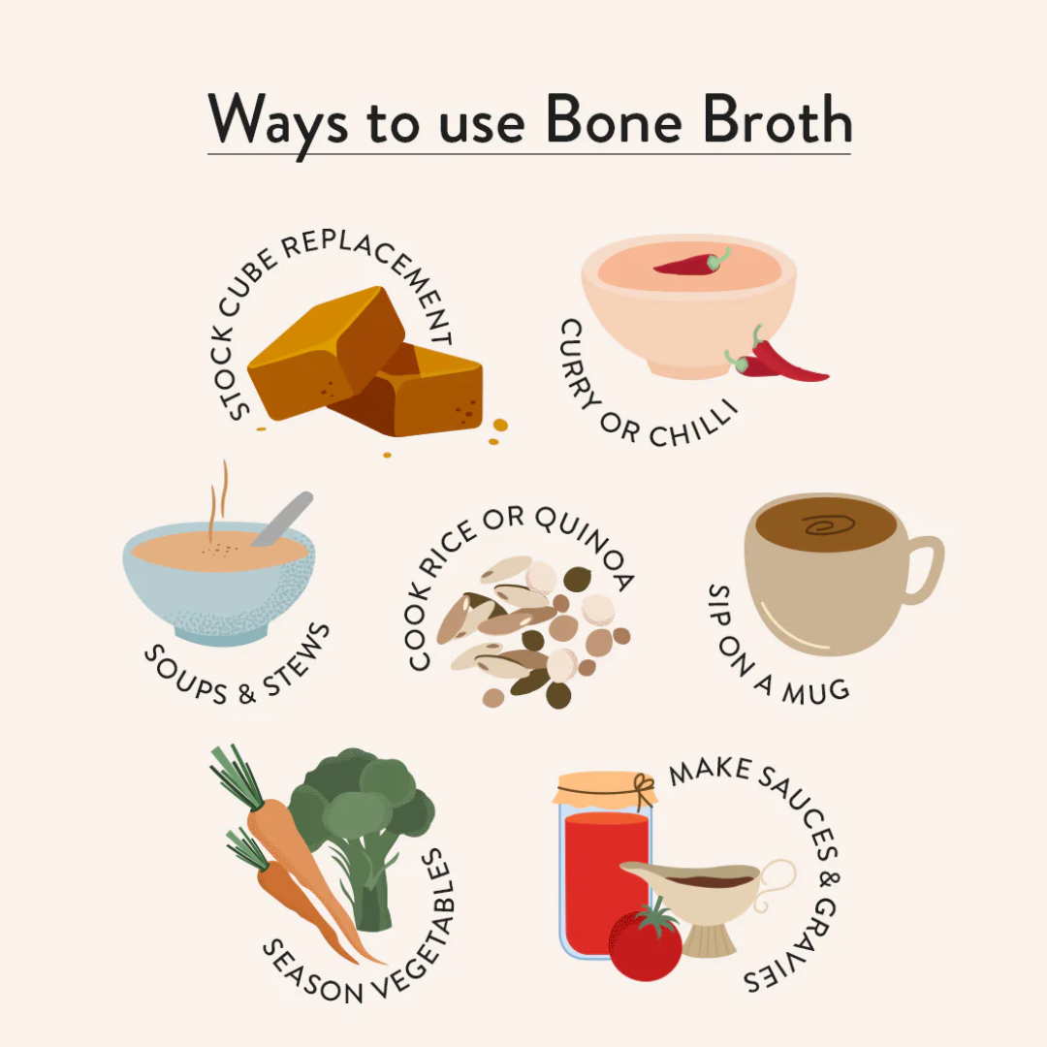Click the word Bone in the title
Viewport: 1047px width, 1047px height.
pyautogui.click(x=615, y=119)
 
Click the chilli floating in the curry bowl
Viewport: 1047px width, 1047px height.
pyautogui.click(x=691, y=263)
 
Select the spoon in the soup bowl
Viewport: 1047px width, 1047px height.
pyautogui.click(x=282, y=519)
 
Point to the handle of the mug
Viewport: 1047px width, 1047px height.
pyautogui.click(x=925, y=568)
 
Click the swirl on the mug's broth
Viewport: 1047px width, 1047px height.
pyautogui.click(x=829, y=524)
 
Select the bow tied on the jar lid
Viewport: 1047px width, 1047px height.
pyautogui.click(x=644, y=790)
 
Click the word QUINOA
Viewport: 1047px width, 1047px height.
pyautogui.click(x=587, y=544)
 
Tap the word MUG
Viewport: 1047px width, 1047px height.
pyautogui.click(x=816, y=692)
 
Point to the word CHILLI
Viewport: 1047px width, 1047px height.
pyautogui.click(x=694, y=425)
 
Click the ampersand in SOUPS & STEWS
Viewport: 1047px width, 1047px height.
pyautogui.click(x=246, y=694)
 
